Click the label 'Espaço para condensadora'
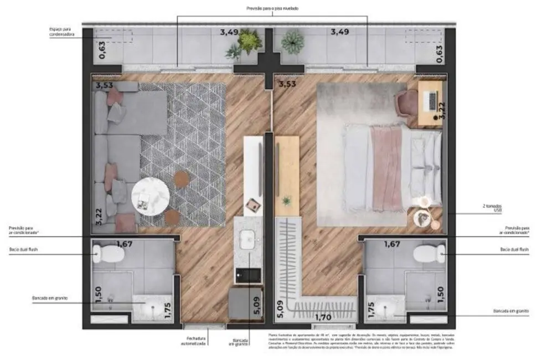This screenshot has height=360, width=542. tap(61, 32)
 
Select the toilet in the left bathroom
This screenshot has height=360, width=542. tap(109, 254)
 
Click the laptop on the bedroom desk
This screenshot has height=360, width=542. tap(430, 100)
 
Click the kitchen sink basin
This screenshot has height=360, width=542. tap(247, 241)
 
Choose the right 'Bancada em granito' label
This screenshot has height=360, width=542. tap(508, 311)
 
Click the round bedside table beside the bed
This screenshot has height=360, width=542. tap(423, 219)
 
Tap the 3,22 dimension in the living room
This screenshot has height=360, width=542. tap(99, 216)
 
